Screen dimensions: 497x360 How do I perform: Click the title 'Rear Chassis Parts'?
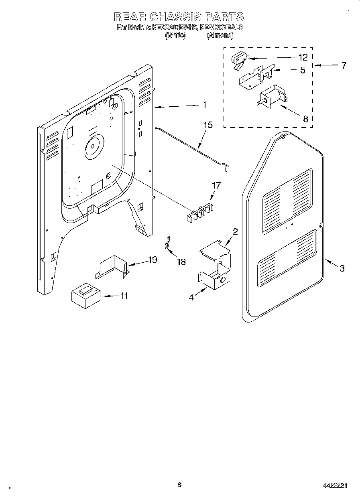(179, 17)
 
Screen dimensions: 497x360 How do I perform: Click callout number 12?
(303, 57)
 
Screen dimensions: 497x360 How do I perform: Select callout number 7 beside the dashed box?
(343, 65)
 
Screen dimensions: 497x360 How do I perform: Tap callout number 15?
(208, 125)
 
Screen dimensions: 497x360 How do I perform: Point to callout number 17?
(216, 185)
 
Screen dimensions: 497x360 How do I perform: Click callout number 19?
(152, 260)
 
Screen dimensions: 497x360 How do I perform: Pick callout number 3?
(342, 268)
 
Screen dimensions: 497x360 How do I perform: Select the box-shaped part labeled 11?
(85, 296)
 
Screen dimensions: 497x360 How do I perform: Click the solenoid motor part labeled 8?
(271, 98)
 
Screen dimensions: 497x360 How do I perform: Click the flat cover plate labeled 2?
(216, 250)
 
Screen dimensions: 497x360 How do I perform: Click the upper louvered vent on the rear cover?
(287, 201)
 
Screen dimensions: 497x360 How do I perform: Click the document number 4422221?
(335, 485)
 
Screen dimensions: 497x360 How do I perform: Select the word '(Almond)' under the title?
(220, 35)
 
